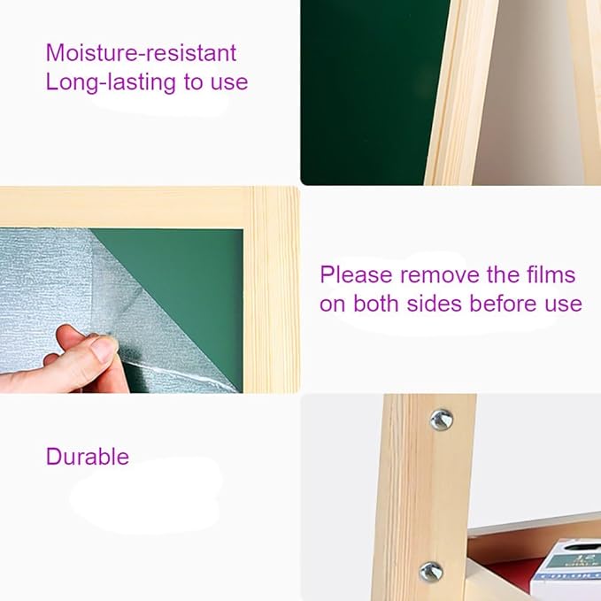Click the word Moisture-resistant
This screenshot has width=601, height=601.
[x=141, y=52]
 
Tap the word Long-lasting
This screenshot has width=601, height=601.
[x=111, y=82]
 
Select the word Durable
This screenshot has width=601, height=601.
[x=88, y=456]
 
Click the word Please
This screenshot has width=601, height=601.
[x=356, y=275]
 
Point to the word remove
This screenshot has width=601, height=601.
[x=440, y=275]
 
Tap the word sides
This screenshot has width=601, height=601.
[x=434, y=304]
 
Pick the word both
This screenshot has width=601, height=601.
[x=375, y=304]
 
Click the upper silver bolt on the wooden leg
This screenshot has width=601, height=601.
[x=441, y=420]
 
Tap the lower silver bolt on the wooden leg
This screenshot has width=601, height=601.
[x=431, y=572]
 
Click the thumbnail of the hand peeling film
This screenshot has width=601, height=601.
[x=150, y=290]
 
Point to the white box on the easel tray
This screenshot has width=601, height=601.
[x=566, y=570]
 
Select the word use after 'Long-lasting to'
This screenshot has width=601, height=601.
[x=229, y=83]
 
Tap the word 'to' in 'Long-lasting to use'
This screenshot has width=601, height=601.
[x=193, y=82]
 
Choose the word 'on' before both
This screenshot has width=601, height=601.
[x=332, y=304]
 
